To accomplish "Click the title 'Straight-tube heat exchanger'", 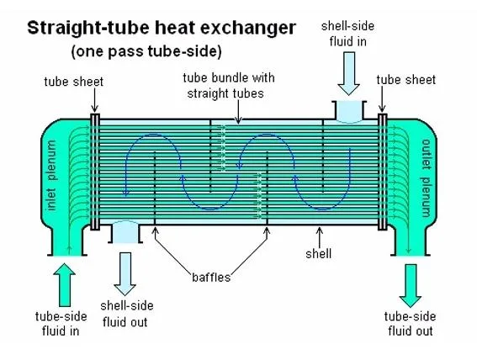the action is [162, 29].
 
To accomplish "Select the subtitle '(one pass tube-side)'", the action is [146, 51].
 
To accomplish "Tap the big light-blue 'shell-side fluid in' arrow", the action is [348, 73].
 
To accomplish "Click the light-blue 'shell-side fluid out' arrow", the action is [125, 273].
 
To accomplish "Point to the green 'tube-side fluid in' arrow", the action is [65, 284].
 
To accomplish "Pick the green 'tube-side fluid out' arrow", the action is [411, 285].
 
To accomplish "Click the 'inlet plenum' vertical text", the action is [51, 175].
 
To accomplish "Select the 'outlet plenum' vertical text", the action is [427, 177].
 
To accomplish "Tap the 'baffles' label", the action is [211, 278].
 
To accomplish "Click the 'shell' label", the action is [319, 253].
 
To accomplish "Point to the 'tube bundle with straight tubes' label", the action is [228, 86].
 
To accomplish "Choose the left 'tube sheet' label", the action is [74, 82].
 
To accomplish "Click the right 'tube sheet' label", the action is [406, 80].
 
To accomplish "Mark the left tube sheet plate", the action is [95, 172].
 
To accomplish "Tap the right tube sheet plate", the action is [383, 172].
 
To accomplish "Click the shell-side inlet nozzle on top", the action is [349, 112].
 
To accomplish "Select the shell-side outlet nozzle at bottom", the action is [125, 232].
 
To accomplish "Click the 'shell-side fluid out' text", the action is [126, 314].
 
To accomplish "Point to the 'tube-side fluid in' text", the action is [61, 324].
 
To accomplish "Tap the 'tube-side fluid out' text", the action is [410, 324].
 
